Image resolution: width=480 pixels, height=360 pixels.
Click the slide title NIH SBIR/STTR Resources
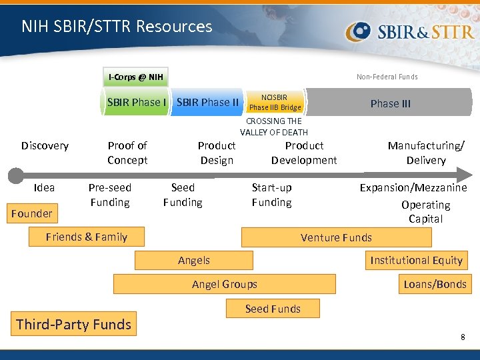(x=117, y=27)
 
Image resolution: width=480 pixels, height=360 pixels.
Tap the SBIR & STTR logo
(x=410, y=31)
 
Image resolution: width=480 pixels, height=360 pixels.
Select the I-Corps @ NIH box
(x=135, y=77)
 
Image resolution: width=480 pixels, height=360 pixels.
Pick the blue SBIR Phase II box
(x=207, y=102)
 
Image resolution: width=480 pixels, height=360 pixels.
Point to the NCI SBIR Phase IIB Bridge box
(x=275, y=102)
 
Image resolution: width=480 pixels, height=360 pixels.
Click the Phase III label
(x=390, y=103)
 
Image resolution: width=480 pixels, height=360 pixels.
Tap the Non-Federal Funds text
(x=387, y=77)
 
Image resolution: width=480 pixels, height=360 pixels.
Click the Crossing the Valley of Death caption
(x=274, y=127)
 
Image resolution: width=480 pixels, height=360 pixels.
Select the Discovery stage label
(x=45, y=145)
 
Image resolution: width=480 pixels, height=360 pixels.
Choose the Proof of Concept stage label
(x=127, y=153)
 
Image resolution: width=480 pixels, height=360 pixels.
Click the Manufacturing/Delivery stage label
(x=426, y=153)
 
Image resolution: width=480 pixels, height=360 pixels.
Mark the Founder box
(x=32, y=213)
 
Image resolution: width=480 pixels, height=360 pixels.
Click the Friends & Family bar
(x=87, y=237)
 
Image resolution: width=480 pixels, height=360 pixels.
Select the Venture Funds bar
(x=336, y=237)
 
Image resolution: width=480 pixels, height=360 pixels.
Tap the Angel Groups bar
(x=224, y=284)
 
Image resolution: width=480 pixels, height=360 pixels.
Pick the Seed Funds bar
(x=273, y=309)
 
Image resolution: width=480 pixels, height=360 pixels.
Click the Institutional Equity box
(x=416, y=260)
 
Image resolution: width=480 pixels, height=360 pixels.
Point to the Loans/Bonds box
(x=435, y=284)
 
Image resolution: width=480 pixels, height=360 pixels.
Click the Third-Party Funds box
(x=73, y=325)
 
